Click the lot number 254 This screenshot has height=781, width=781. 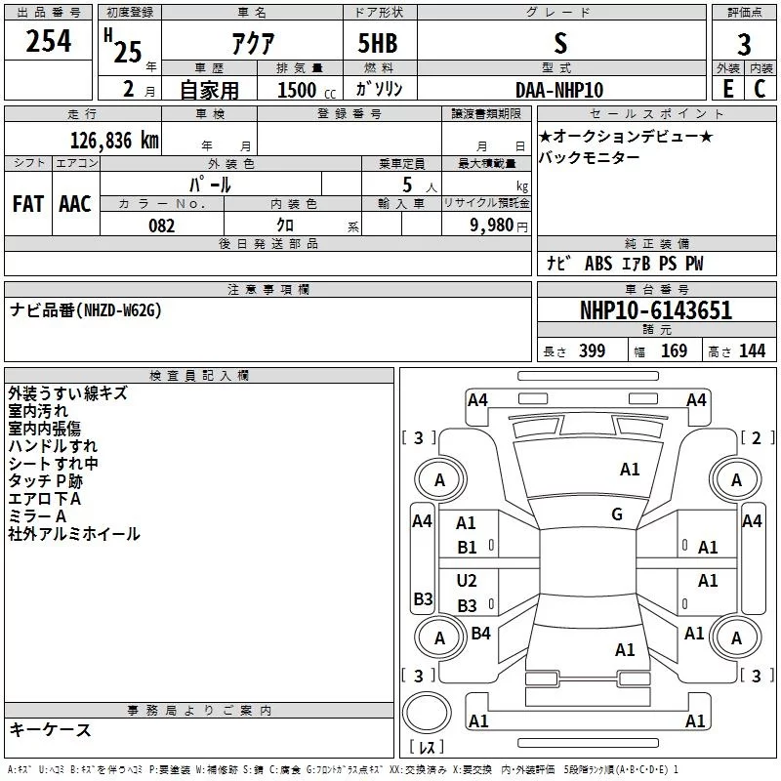pos(48,41)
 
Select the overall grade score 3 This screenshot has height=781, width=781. pos(744,44)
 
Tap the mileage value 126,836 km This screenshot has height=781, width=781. pos(114,141)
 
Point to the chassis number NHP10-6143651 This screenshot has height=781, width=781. pos(656,310)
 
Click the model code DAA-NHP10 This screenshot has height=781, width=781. pos(559,90)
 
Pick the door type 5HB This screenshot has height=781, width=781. pos(378,43)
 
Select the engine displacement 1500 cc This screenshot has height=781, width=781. pos(307,90)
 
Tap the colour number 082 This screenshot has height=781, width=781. pos(162,226)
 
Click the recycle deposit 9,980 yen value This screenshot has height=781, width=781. pos(498,226)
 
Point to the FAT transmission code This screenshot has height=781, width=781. pos(28,204)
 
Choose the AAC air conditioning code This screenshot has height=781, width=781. pos(75,204)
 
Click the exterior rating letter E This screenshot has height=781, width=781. pos(727,89)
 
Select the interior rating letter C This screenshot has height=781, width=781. pos(760,89)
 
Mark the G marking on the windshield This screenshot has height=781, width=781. pos(617,514)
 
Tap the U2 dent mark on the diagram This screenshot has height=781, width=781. pos(467,581)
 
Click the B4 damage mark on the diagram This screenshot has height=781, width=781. pos(480,634)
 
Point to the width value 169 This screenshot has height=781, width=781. pos(674,350)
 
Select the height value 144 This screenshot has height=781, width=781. pos(752,350)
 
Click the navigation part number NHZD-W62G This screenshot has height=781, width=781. pos(123,310)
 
